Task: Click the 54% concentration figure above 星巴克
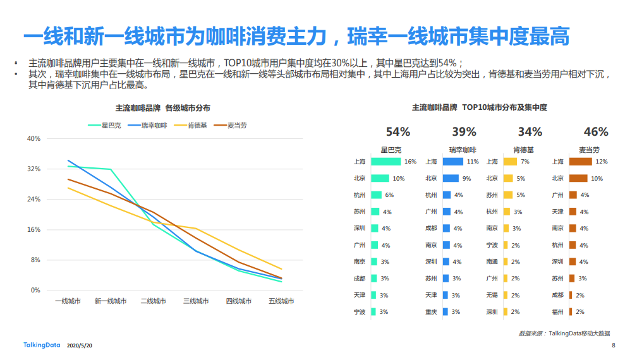(x=398, y=132)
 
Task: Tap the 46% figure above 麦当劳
(x=596, y=132)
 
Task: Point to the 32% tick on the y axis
(x=33, y=169)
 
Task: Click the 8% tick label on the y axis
(x=35, y=260)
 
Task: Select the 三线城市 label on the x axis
(x=196, y=301)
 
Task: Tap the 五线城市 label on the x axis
(x=281, y=301)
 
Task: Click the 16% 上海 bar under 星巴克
(x=385, y=162)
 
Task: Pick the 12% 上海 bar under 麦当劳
(x=580, y=162)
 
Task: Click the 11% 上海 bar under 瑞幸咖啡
(x=453, y=162)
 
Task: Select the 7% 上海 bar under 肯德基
(x=509, y=162)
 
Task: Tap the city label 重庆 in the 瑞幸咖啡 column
(x=431, y=312)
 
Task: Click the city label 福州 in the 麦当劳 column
(x=557, y=312)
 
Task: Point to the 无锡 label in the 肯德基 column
(x=492, y=295)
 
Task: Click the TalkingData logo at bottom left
(x=41, y=345)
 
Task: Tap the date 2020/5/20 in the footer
(x=80, y=345)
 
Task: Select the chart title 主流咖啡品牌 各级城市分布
(x=163, y=108)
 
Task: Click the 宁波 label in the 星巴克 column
(x=360, y=312)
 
